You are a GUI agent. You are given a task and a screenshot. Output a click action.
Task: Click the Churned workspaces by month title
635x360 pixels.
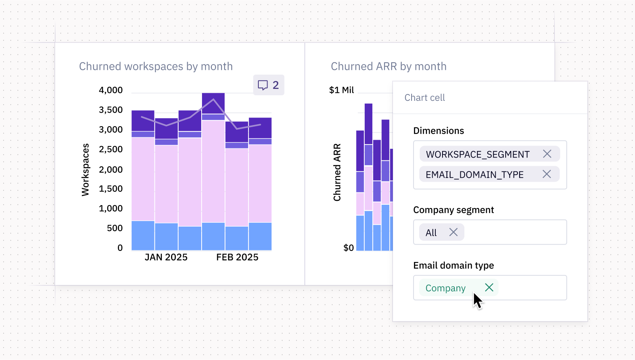(156, 66)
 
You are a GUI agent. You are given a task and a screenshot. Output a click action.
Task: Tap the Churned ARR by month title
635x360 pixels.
(389, 66)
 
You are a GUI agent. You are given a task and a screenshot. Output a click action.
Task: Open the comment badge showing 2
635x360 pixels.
(269, 85)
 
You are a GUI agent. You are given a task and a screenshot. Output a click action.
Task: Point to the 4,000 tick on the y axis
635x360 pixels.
(111, 90)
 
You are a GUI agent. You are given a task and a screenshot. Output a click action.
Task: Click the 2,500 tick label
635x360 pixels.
(111, 149)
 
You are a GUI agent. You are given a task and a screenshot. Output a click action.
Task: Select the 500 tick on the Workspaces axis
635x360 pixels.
(115, 228)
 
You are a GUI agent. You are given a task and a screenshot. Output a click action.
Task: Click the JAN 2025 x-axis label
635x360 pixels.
(166, 257)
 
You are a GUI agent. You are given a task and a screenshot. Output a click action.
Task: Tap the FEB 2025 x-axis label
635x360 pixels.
(237, 257)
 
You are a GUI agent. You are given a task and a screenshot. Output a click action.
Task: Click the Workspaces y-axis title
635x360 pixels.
(85, 170)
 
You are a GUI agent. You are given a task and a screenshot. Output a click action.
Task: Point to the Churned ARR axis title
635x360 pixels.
(337, 172)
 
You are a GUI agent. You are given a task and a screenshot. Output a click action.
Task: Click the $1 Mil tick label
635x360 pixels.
(341, 90)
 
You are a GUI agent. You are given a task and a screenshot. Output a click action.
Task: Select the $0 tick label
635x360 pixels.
(348, 248)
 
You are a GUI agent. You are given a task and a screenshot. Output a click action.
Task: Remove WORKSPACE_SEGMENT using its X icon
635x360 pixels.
(547, 154)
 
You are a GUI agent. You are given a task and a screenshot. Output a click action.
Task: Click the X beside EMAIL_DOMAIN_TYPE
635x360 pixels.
(546, 174)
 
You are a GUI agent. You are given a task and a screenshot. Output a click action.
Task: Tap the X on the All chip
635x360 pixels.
(453, 232)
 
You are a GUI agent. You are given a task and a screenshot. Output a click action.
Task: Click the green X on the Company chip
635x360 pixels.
(489, 287)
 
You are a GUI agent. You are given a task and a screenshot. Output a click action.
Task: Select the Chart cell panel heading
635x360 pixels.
(425, 98)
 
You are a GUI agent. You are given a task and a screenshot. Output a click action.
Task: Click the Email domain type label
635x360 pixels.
(453, 265)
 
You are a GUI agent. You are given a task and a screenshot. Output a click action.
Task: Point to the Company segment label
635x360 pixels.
(453, 210)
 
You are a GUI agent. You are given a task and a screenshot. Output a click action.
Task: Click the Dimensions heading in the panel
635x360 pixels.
(438, 131)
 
